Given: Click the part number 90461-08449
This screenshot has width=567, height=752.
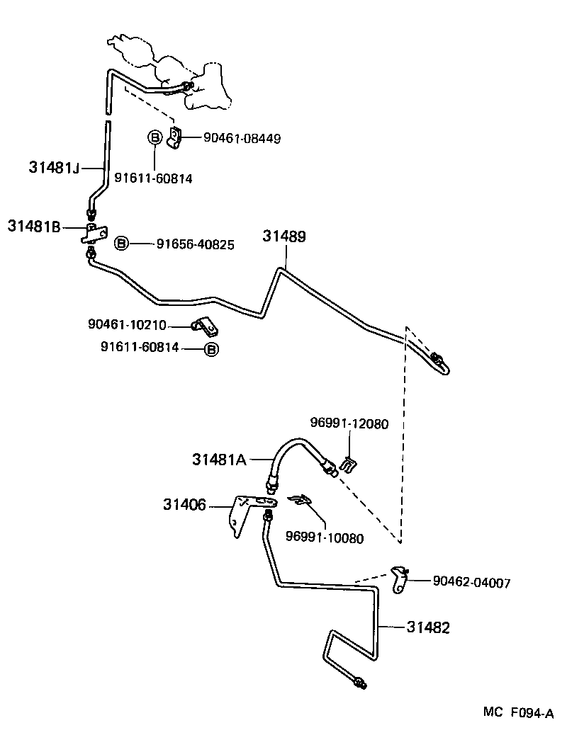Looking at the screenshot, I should [x=242, y=139].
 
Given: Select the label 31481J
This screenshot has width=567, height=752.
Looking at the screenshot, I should [x=55, y=168].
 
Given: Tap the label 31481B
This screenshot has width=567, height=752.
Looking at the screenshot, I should [x=34, y=227].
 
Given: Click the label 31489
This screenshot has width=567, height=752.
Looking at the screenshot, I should [x=284, y=237].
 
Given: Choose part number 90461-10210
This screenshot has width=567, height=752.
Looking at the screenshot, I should [x=127, y=325].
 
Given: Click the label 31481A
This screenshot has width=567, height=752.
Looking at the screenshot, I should [x=219, y=460].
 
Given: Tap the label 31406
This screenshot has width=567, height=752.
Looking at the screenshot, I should [x=184, y=505].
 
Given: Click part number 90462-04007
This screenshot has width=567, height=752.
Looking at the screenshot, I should [x=471, y=582].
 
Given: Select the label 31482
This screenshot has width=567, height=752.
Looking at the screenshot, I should [x=429, y=627].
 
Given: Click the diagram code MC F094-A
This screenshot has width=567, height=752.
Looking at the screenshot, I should [x=518, y=714].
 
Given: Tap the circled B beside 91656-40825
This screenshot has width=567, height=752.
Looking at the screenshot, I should [x=122, y=244].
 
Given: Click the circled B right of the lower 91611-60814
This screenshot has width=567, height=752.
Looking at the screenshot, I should [x=211, y=348].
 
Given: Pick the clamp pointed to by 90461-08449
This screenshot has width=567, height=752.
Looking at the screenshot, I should [x=175, y=137].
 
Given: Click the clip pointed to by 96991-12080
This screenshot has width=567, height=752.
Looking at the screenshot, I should [x=349, y=465].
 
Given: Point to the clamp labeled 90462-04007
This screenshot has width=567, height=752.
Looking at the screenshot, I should [x=401, y=580].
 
